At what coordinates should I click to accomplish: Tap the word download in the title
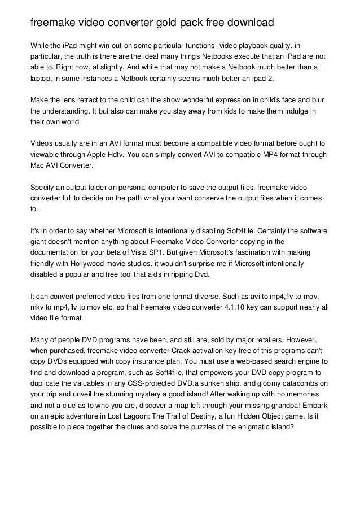pos(247,23)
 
